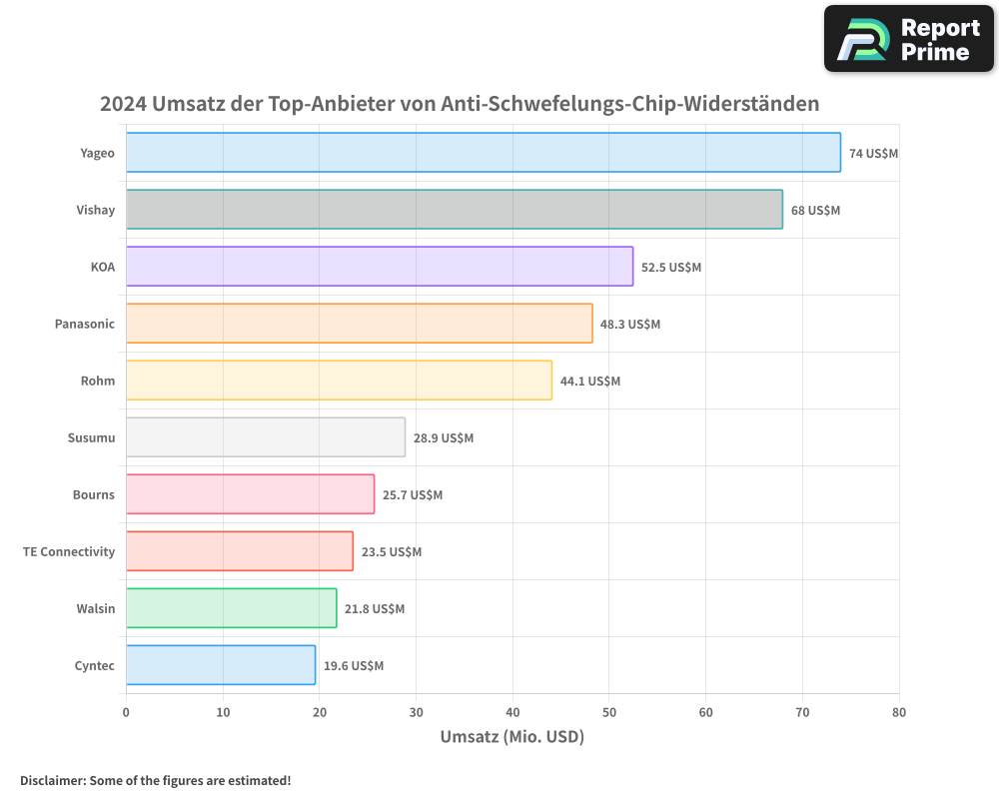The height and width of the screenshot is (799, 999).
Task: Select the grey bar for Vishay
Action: click(454, 210)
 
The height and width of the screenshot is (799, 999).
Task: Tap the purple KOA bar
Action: click(380, 267)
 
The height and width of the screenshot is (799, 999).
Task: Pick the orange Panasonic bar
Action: click(359, 324)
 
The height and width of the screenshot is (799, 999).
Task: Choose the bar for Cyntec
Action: click(221, 665)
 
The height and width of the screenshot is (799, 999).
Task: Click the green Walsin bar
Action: click(231, 608)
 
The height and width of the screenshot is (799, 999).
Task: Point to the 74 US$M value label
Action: click(873, 154)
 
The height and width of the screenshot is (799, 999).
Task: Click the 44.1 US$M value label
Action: click(589, 382)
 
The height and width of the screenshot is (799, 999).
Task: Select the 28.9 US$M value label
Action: click(443, 438)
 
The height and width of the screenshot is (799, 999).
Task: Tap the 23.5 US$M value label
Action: click(391, 552)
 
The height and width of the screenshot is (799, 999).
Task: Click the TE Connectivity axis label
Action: click(69, 551)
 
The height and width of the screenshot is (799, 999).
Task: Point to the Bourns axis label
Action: click(93, 494)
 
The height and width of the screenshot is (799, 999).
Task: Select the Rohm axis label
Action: click(98, 381)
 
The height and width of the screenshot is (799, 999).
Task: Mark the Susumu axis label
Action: click(91, 437)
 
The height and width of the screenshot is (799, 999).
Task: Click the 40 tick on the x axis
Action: click(512, 712)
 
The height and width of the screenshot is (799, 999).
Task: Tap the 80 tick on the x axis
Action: click(898, 712)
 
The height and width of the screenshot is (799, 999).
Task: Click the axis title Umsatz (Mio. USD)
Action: click(511, 737)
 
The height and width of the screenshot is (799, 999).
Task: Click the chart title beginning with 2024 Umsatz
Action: click(460, 103)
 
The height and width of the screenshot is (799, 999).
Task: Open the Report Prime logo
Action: click(908, 39)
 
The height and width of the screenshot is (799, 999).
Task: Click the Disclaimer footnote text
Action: click(155, 780)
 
